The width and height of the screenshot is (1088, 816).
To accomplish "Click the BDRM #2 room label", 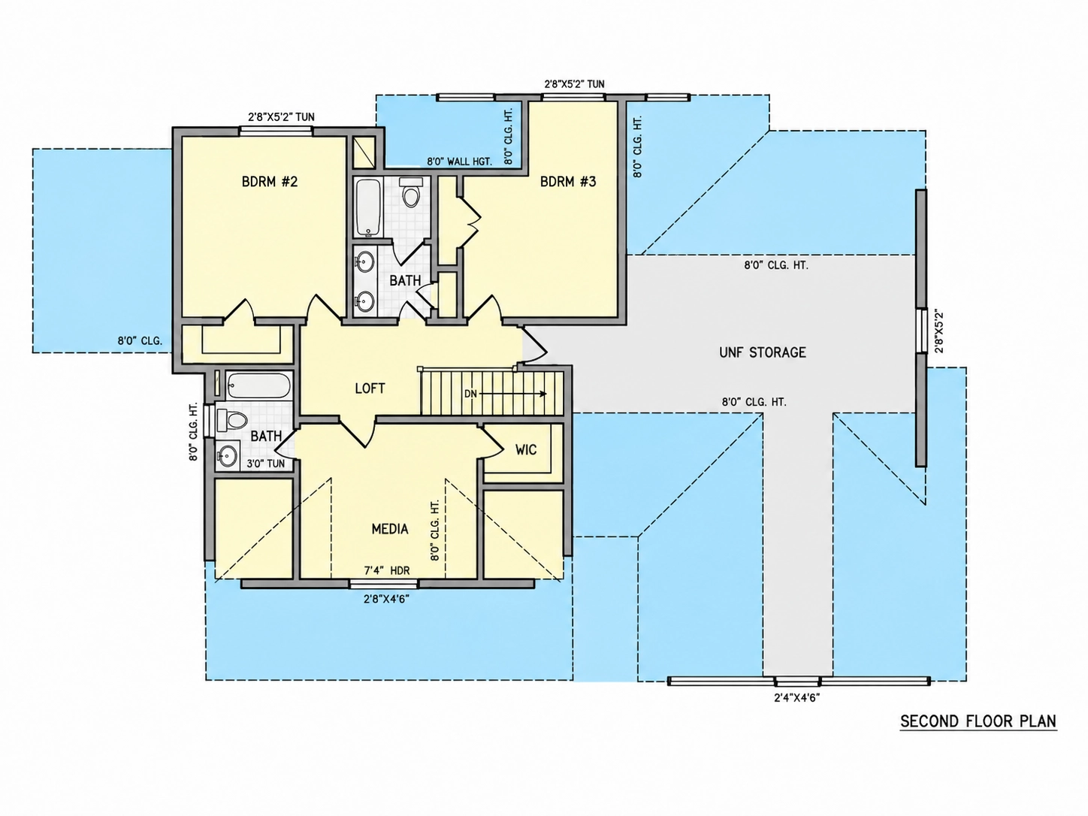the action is tap(270, 182).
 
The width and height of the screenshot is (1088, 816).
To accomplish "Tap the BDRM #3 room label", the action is tap(568, 182).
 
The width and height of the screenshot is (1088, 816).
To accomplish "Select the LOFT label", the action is tap(370, 388).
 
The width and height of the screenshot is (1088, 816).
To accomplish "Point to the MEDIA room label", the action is tap(390, 529).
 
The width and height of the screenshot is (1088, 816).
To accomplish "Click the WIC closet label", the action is tap(526, 450).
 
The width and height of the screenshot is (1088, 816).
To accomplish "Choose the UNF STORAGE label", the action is tap(763, 352).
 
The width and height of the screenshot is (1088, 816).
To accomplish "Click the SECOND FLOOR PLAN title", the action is tap(978, 721).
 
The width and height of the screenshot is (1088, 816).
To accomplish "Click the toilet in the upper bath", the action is tap(410, 192).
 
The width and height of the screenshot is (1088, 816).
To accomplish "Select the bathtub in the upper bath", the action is tap(367, 207).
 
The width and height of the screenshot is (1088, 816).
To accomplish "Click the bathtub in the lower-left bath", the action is tap(258, 385).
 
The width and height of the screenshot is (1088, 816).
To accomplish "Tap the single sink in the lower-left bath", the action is tap(228, 455).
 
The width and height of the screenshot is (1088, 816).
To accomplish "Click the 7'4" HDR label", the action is tap(387, 571).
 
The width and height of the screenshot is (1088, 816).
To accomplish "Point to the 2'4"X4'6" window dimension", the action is tap(797, 698).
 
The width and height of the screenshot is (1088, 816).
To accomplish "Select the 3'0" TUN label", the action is tap(266, 464).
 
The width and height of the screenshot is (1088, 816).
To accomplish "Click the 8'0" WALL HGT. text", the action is tap(460, 161).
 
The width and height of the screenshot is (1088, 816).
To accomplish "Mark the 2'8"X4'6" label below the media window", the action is tap(387, 600).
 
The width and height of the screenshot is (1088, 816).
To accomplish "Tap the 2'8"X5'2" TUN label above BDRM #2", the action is tap(281, 117).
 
